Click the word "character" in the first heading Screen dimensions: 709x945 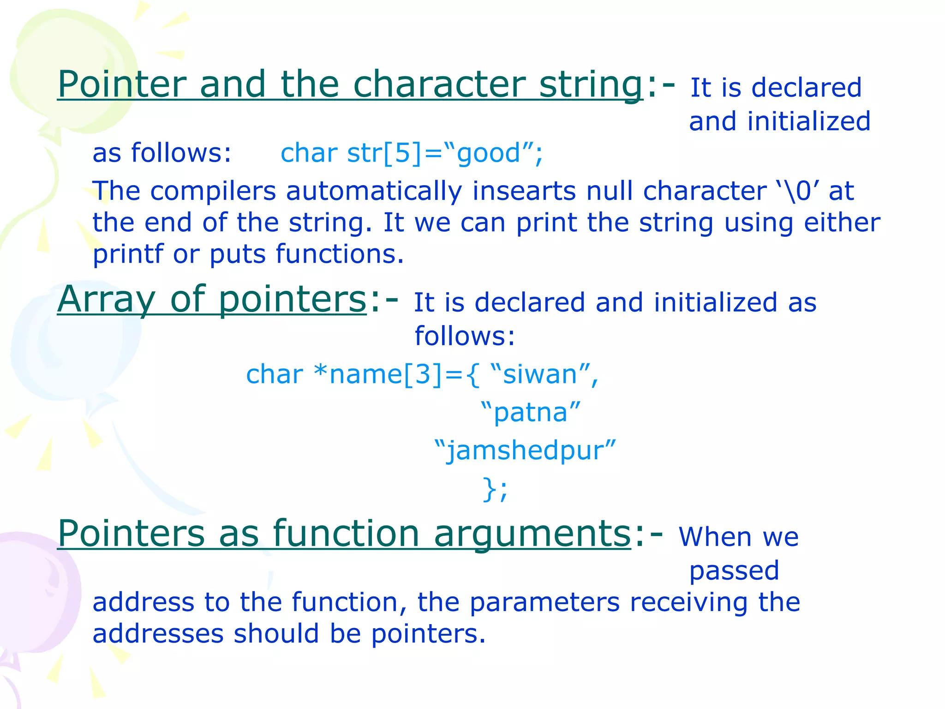[x=439, y=84]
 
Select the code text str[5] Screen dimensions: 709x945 [x=384, y=153]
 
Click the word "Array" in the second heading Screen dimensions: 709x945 [x=107, y=300]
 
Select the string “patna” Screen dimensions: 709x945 [x=531, y=412]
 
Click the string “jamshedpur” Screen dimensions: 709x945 [x=525, y=451]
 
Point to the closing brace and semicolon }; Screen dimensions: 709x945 [x=495, y=489]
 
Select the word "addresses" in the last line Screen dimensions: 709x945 [x=158, y=634]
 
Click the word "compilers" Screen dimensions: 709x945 [x=213, y=191]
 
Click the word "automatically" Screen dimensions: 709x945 [x=374, y=191]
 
